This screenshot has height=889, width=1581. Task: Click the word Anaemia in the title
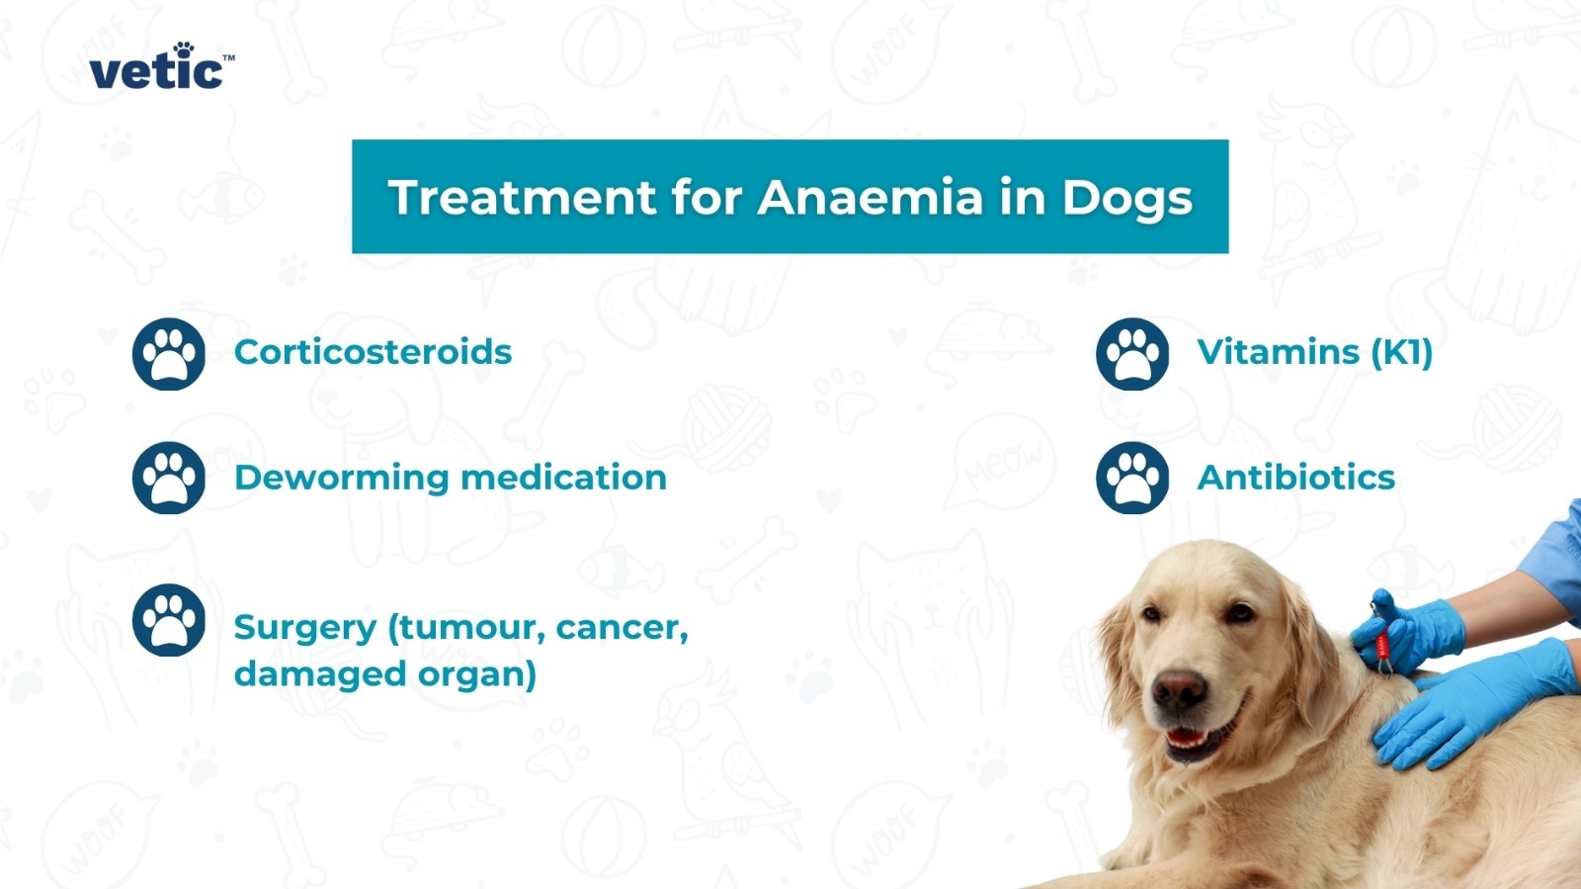[870, 197]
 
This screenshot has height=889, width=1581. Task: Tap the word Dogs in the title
[1127, 199]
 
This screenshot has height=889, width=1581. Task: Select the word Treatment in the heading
[522, 197]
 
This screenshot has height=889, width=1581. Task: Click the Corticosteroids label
[373, 352]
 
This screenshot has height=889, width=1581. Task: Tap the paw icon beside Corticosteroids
[169, 353]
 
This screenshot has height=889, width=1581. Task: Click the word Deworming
[341, 478]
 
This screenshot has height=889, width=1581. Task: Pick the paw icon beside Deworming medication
[169, 478]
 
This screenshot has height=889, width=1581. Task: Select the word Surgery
[304, 628]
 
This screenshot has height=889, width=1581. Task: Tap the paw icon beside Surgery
[169, 620]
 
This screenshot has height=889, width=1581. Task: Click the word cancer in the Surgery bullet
[621, 627]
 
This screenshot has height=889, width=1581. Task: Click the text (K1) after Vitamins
[1401, 352]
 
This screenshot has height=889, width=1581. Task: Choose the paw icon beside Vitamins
[1132, 353]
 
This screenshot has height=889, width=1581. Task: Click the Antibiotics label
[1295, 478]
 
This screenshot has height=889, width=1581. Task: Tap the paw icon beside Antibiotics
[1132, 478]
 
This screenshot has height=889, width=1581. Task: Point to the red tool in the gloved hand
[1381, 638]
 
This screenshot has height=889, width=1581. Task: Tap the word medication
[563, 478]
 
